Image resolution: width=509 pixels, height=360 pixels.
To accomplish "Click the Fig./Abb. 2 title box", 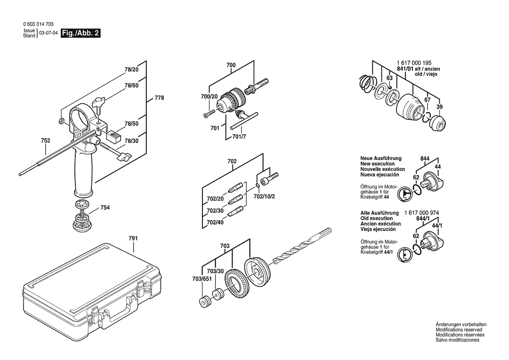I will (81, 33).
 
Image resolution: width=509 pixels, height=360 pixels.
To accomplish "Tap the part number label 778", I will (159, 98).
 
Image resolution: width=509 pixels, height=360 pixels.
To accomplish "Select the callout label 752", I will (45, 141).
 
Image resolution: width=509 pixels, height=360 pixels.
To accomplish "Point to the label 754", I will (105, 208).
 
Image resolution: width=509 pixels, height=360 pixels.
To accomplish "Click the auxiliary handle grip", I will (84, 172).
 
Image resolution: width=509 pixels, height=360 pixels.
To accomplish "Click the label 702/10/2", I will (264, 196).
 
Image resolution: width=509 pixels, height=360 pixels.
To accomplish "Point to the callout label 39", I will (440, 107).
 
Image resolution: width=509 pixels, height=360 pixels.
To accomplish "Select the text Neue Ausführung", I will (381, 159).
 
